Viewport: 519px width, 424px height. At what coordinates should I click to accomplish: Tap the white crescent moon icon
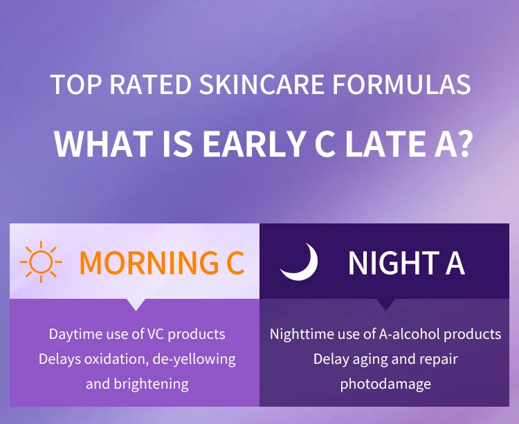click(300, 262)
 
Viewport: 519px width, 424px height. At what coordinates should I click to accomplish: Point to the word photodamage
click(385, 383)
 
